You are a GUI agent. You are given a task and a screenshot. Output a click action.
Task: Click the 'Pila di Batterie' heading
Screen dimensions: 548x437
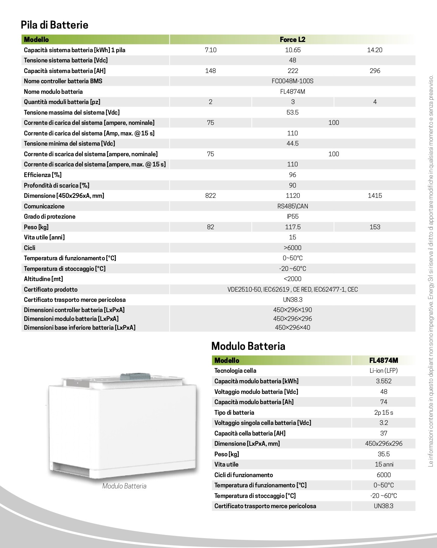(55, 25)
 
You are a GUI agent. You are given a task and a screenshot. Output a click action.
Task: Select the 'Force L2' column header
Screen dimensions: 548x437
(292, 39)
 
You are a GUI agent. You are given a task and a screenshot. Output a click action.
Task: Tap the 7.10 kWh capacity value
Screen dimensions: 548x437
(211, 50)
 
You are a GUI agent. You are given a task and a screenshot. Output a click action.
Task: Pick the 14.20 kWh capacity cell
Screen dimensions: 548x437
(374, 50)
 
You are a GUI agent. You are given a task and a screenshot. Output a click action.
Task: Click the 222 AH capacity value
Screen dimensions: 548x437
(293, 71)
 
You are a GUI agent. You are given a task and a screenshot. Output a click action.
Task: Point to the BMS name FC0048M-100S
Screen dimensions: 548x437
(292, 81)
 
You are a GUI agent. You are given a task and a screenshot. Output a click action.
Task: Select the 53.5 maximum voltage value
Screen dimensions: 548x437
(292, 112)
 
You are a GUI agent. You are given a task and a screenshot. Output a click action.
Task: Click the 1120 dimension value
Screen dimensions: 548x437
(293, 196)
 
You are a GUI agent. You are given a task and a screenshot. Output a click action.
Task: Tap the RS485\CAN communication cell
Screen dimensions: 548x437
(292, 206)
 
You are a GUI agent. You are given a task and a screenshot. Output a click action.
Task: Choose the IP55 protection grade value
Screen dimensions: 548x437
(292, 217)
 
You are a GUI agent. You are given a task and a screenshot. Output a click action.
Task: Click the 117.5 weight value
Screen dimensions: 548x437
(293, 227)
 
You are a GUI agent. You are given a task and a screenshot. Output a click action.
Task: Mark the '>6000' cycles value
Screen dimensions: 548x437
(292, 248)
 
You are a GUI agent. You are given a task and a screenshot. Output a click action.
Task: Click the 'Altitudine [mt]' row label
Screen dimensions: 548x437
(43, 279)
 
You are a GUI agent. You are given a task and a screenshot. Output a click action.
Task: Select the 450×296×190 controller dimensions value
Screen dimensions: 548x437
(292, 310)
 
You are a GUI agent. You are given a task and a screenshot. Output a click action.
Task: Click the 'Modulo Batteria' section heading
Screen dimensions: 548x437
(248, 346)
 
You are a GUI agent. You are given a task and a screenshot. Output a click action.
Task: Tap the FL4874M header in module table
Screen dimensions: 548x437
(383, 360)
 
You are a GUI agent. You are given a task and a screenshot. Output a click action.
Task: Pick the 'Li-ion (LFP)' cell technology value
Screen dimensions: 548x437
(383, 371)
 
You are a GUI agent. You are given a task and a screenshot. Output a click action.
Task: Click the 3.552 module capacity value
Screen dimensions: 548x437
(383, 381)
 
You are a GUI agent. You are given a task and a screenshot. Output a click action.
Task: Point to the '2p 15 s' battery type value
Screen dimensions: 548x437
(383, 413)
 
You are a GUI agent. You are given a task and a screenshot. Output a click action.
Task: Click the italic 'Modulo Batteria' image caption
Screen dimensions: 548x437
(124, 486)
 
